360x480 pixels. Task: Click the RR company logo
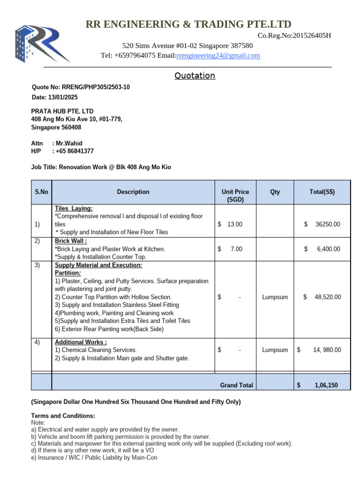coord(42,43)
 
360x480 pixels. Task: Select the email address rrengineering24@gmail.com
coord(218,56)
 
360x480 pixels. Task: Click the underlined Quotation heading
coord(195,76)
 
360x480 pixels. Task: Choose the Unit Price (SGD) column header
coord(235,195)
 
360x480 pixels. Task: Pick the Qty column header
coord(275,192)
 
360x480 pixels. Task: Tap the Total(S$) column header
coord(322,192)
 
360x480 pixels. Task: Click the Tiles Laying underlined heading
coord(74,208)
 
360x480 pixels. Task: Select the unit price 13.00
coord(235,225)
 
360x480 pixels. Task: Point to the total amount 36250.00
coord(328,225)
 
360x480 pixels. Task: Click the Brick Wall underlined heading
coord(71,241)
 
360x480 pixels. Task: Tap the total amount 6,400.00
coord(329,249)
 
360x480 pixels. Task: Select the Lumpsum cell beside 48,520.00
coord(275,297)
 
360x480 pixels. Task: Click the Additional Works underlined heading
coord(81,342)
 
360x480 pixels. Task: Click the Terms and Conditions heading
coord(63,416)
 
